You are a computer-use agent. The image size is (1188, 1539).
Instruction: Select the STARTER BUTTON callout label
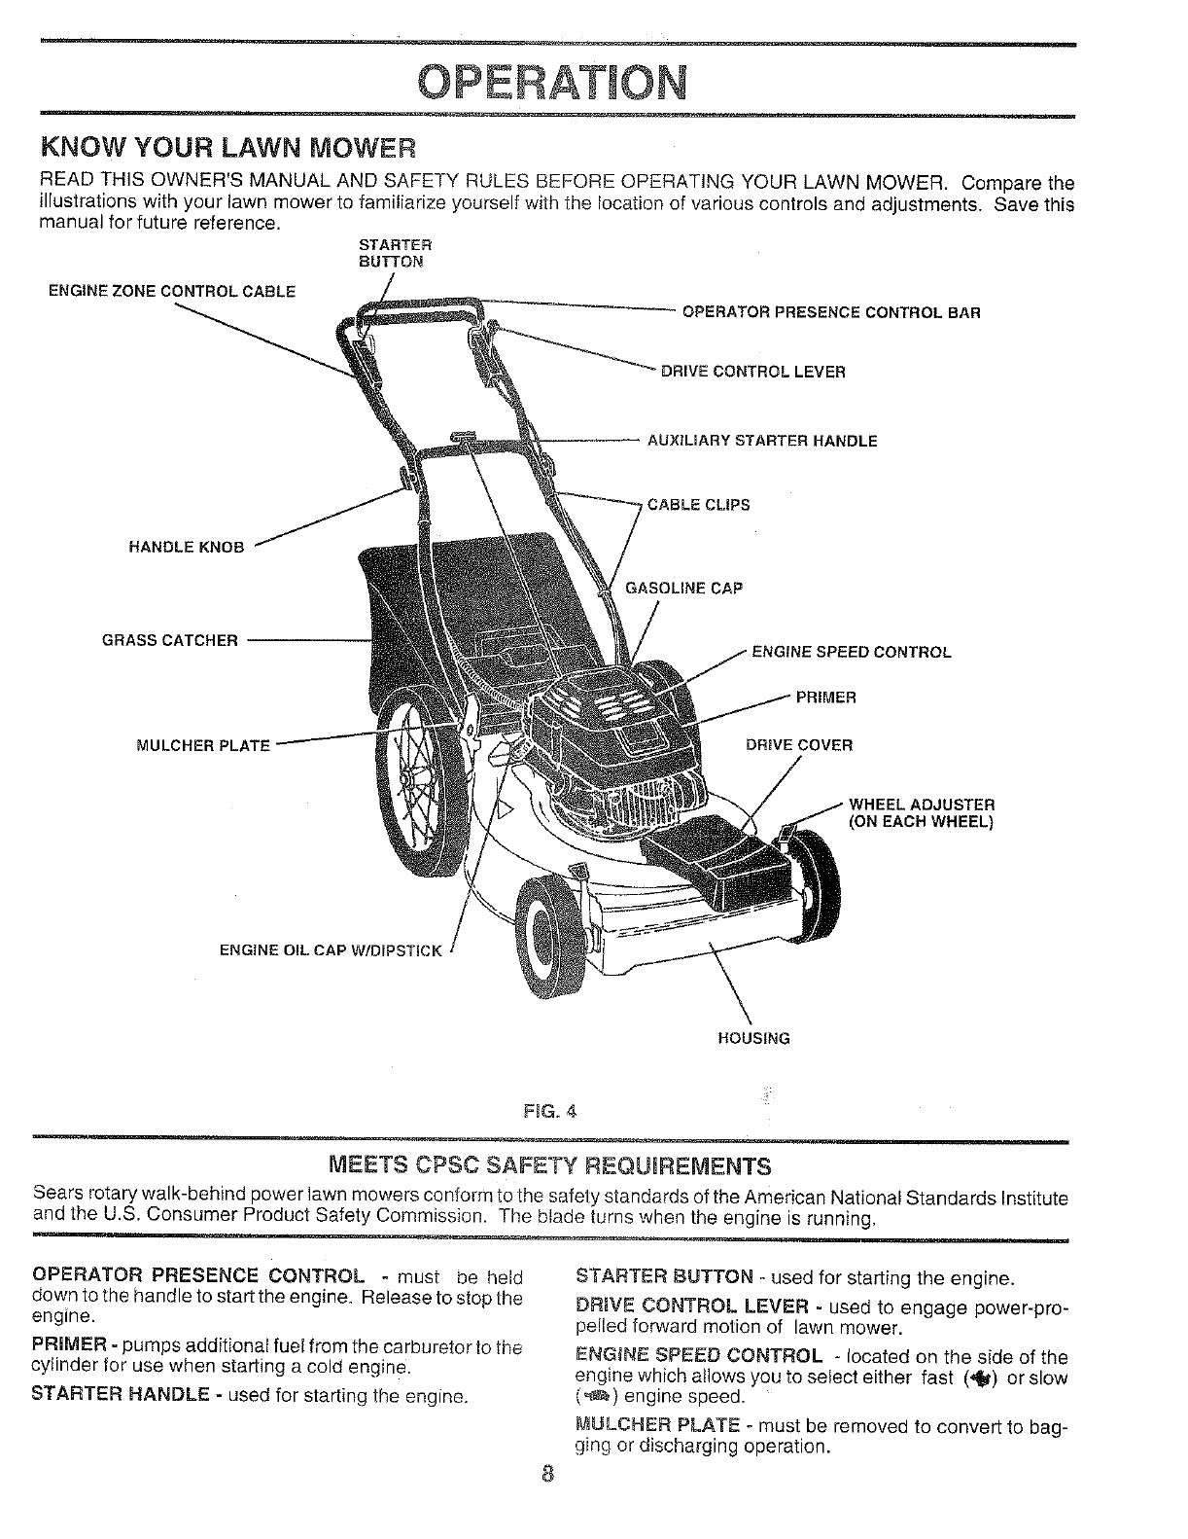pos(389,252)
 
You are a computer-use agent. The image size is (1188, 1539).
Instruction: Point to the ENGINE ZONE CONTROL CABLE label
pos(171,290)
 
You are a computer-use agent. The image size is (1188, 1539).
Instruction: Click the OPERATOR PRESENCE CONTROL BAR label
pos(831,313)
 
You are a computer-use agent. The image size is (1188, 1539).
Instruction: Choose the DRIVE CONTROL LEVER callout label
pos(752,372)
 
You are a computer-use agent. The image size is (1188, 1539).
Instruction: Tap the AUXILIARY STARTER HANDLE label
pos(762,441)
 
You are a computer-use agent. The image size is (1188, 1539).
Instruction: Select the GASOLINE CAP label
pos(683,589)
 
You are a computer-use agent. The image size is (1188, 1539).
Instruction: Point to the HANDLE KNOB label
pos(186,547)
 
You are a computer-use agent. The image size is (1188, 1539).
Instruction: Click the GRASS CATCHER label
pos(170,640)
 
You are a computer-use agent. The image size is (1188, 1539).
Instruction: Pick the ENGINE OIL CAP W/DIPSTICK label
pos(331,950)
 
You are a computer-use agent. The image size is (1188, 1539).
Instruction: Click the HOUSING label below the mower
pos(753,1038)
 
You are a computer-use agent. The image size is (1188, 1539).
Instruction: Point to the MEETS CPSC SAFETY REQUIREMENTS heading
pos(550,1165)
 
